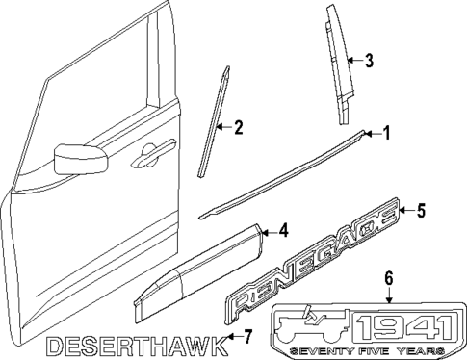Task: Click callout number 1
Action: coord(386,133)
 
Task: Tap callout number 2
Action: coord(237,125)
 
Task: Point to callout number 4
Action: coord(284,230)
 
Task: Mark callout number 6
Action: coord(389,278)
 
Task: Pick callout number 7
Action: coord(247,336)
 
